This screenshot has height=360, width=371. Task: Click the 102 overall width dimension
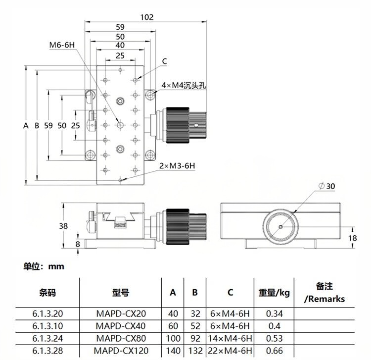pos(147,17)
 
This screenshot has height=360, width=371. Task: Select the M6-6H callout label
pos(62,45)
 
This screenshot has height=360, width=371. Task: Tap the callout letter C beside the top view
pos(165,61)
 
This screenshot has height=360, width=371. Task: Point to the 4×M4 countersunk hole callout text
pos(184,85)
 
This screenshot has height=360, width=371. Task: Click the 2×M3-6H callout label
pos(177,166)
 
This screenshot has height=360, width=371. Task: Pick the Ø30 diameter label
pos(327,186)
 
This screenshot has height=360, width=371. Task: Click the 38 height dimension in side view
pos(63,226)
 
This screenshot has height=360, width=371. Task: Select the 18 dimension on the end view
pos(352,238)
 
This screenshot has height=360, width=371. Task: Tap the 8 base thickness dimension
pos(78,244)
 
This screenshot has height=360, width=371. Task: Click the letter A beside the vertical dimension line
pos(26,125)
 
